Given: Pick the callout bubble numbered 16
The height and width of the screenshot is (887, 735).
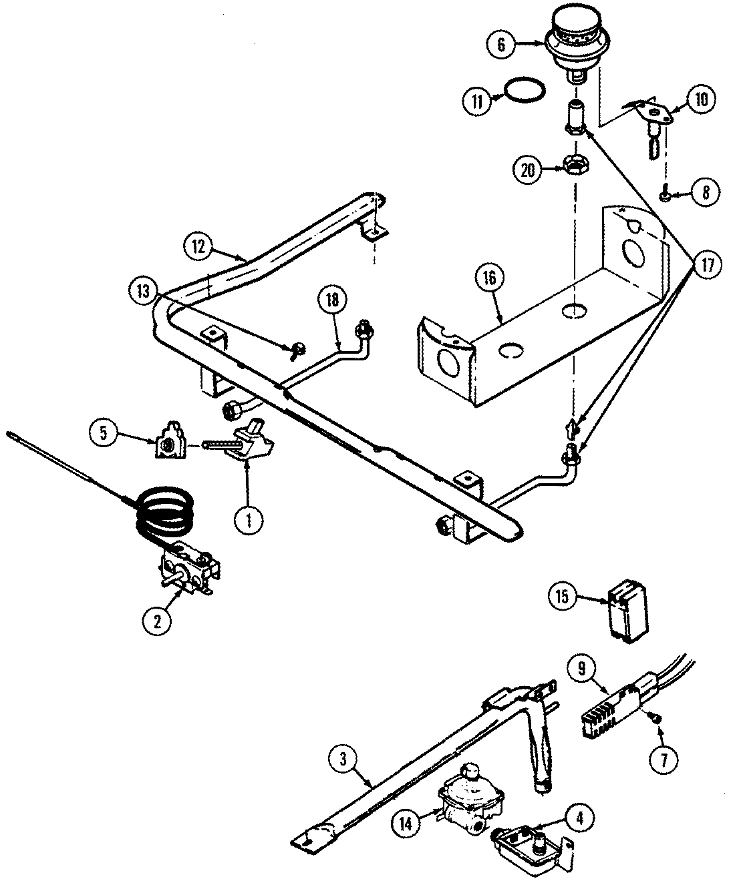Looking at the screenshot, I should point(489,279).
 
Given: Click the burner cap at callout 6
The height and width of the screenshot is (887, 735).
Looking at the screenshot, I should point(574,44).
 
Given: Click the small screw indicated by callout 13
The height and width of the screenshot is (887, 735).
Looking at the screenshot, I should point(297,348).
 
